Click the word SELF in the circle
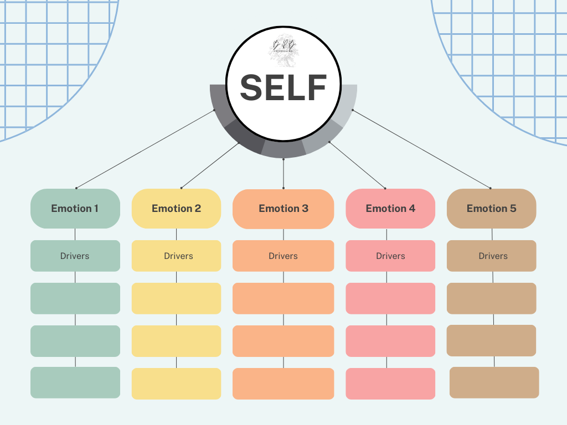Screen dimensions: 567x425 pos(283,87)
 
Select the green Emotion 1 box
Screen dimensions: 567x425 pos(75,209)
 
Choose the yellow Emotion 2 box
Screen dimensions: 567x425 pos(176,209)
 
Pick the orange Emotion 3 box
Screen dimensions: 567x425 pos(283,209)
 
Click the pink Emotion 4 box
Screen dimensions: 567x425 pos(390,209)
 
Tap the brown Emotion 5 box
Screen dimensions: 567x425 pos(491,209)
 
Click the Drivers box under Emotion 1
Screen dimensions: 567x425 pos(75,256)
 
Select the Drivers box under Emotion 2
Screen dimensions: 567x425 pos(176,256)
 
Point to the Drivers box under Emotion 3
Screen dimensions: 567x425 pos(283,256)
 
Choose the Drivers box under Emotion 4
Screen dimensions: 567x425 pos(390,256)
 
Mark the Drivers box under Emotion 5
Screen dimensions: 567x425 pos(492,256)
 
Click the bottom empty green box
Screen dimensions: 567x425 pos(75,382)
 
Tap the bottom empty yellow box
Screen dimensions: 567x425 pos(176,383)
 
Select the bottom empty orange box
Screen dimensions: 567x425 pos(283,383)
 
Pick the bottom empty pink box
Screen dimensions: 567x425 pos(390,383)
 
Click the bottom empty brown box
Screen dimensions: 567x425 pos(494,382)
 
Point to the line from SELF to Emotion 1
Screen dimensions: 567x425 pos(145,149)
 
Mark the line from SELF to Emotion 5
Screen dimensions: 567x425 pos(421,149)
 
